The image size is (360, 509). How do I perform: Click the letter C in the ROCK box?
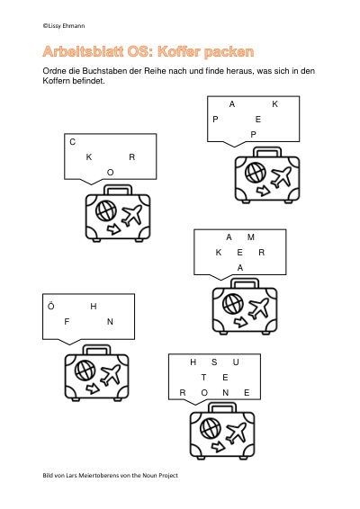tap(73, 142)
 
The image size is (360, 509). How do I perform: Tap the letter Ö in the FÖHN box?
tap(51, 306)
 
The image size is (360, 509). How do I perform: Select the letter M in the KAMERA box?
tap(250, 237)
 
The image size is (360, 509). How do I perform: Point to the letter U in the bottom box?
tap(236, 362)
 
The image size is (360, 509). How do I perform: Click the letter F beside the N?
tap(67, 322)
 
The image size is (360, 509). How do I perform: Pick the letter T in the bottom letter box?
tap(203, 377)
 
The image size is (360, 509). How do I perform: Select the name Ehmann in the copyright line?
tap(74, 26)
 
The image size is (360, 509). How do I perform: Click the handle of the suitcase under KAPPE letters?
tap(267, 152)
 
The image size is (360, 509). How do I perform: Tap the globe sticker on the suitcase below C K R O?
tap(106, 210)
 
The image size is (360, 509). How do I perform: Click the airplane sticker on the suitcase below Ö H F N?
tap(111, 374)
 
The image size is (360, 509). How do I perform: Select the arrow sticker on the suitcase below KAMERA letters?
tap(240, 322)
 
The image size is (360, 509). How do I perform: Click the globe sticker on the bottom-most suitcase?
tap(211, 428)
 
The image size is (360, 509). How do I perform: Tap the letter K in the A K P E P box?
tap(274, 104)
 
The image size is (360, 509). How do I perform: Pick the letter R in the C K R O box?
tap(132, 157)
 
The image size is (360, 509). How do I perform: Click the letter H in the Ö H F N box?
tap(94, 306)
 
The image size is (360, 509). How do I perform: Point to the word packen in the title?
tap(229, 52)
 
